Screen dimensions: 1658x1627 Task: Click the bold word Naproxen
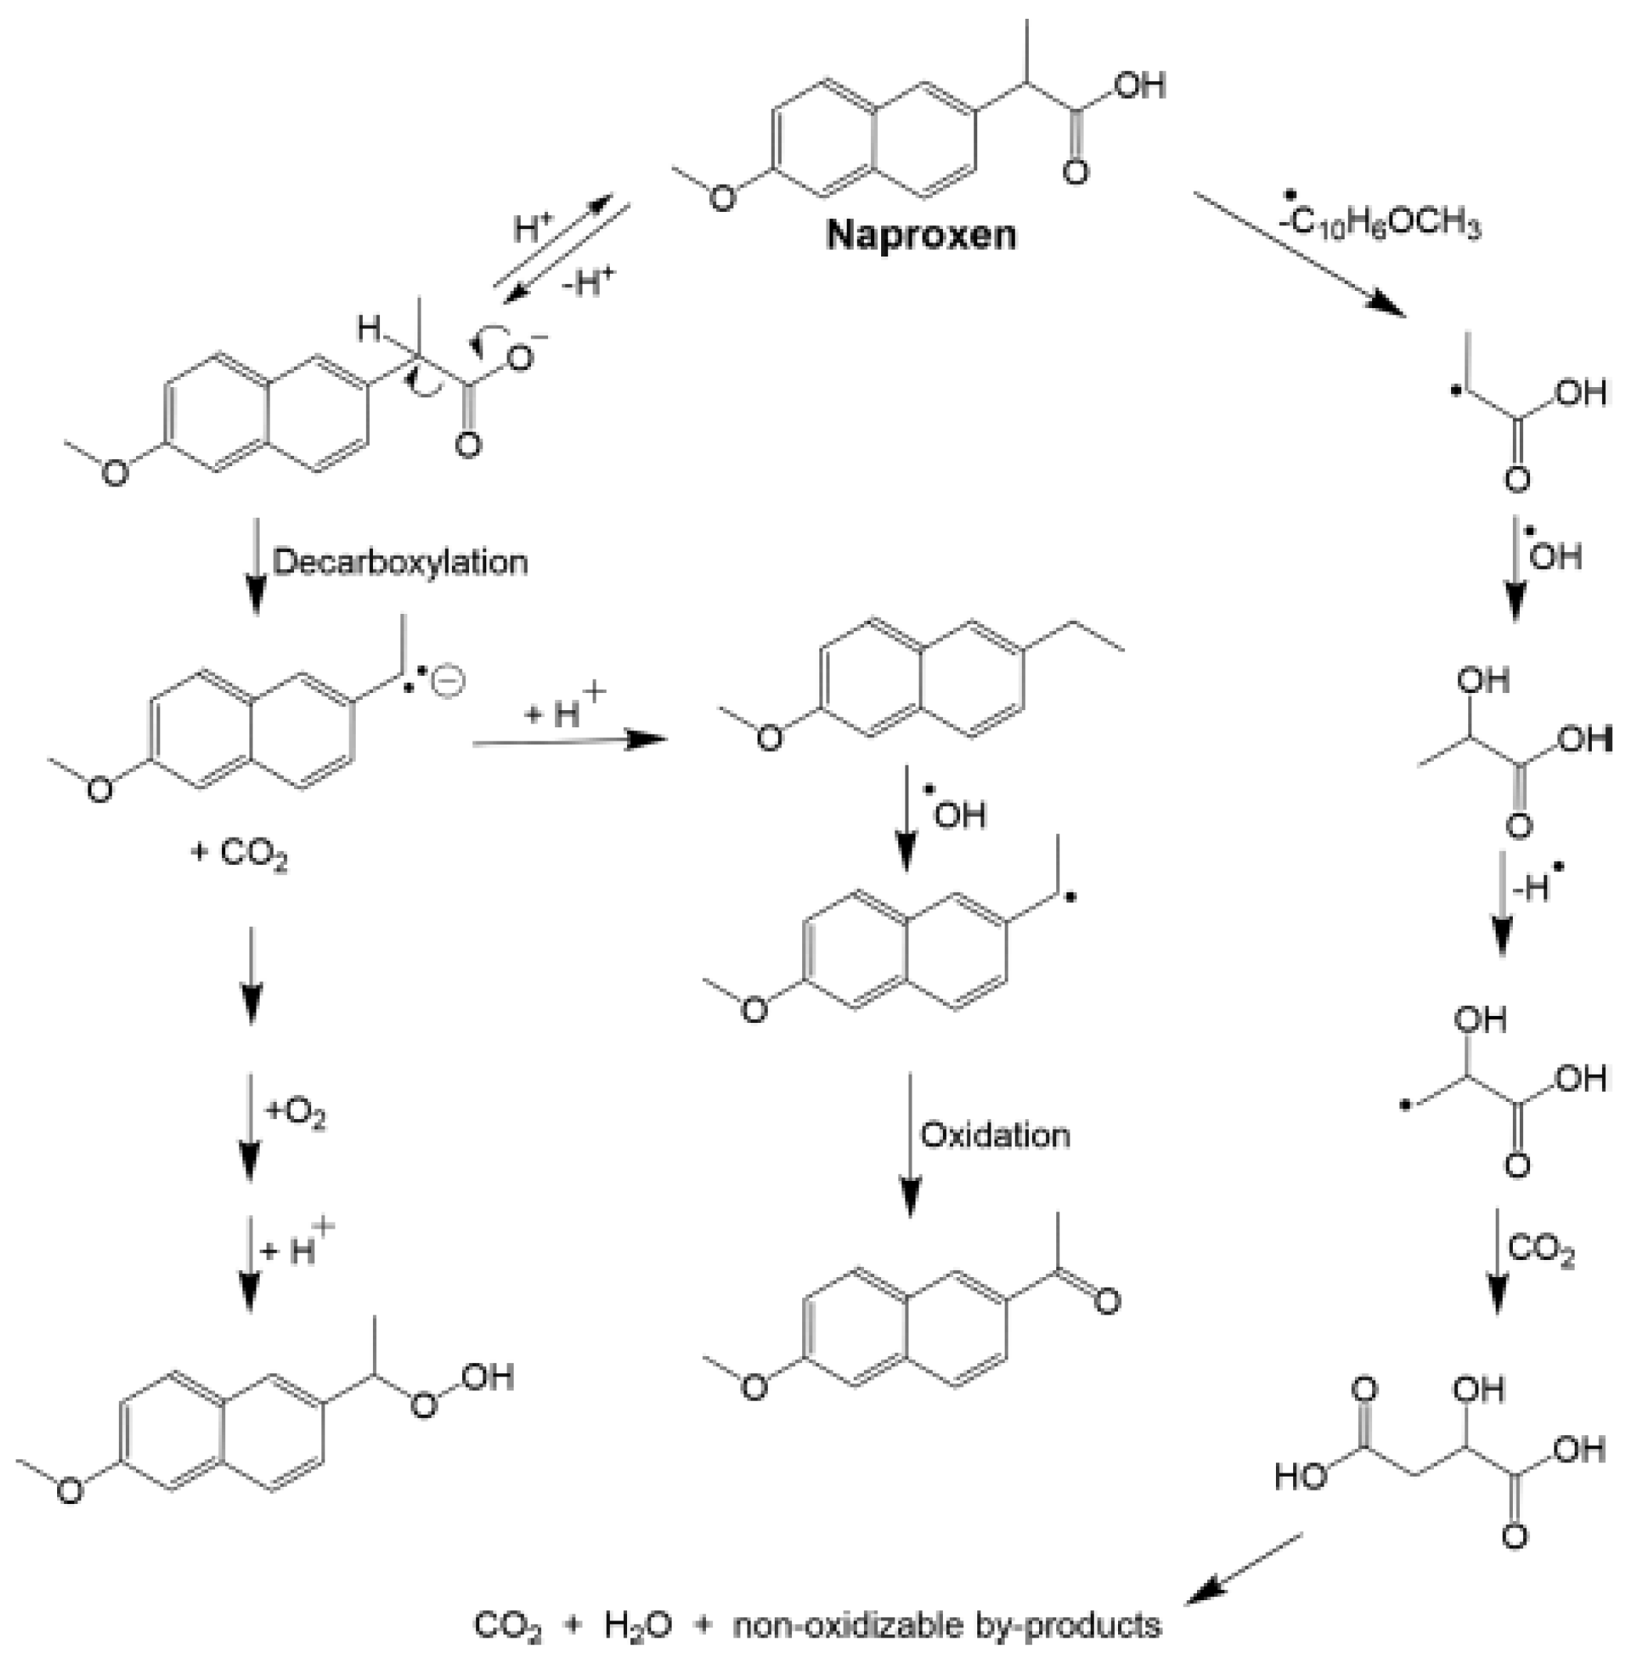[x=921, y=234]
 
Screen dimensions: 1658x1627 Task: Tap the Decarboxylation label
[x=400, y=562]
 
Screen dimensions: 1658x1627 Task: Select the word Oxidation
[x=994, y=1135]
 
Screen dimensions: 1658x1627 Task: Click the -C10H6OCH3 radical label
[x=1385, y=224]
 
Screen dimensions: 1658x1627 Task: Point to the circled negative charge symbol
[x=448, y=681]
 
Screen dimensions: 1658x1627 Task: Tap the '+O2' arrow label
[x=296, y=1113]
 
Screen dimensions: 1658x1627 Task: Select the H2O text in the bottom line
[x=637, y=1624]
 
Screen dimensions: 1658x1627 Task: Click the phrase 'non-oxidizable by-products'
[x=947, y=1624]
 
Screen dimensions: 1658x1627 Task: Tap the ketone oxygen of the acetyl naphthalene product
[x=1106, y=1301]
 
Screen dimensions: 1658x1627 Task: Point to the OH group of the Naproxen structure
[x=1141, y=84]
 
